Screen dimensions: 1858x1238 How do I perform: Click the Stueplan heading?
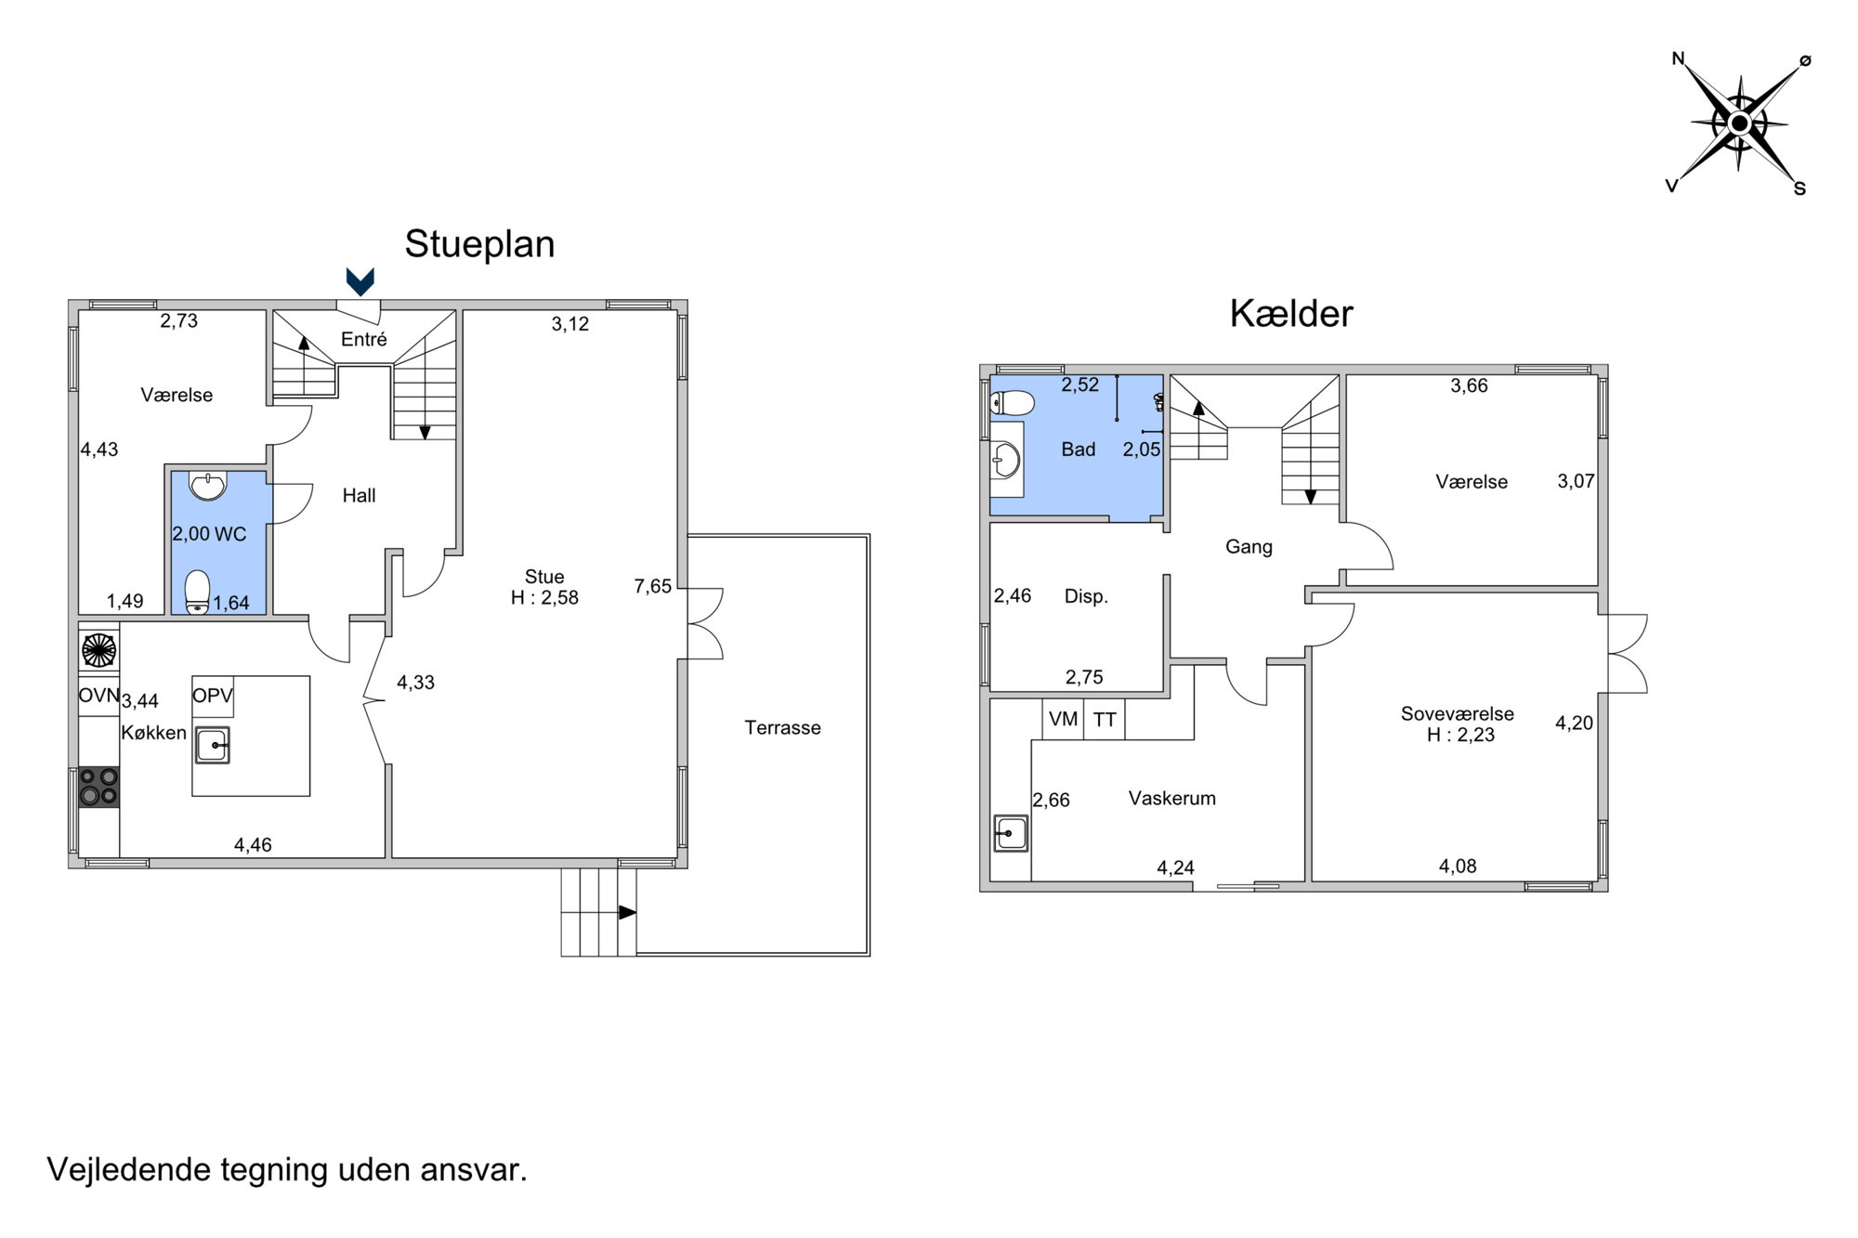click(479, 244)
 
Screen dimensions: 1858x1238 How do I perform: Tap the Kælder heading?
click(1291, 314)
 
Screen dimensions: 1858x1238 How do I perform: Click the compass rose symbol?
click(1740, 124)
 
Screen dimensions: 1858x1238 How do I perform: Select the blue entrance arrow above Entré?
click(360, 281)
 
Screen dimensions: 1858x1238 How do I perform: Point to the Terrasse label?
click(782, 728)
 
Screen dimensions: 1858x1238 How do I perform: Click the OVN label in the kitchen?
click(98, 695)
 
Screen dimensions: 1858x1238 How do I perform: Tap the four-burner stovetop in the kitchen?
click(98, 787)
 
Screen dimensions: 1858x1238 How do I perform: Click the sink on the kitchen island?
click(213, 745)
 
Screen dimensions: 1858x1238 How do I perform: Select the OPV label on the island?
click(213, 695)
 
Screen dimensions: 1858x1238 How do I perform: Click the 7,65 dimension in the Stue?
click(652, 586)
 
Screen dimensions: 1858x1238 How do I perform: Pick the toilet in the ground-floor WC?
click(198, 593)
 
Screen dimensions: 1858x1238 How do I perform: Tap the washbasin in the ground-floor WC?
click(207, 486)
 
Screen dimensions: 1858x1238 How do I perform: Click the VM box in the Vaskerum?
click(1063, 719)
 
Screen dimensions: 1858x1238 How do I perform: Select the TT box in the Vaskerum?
click(1105, 719)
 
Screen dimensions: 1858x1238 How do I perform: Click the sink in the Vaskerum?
click(1011, 833)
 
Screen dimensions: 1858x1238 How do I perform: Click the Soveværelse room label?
click(1457, 713)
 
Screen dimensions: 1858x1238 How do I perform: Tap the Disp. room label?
click(1086, 596)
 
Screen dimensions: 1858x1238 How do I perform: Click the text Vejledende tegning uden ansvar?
click(287, 1169)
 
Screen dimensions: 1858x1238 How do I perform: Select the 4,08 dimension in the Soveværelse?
click(1458, 866)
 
